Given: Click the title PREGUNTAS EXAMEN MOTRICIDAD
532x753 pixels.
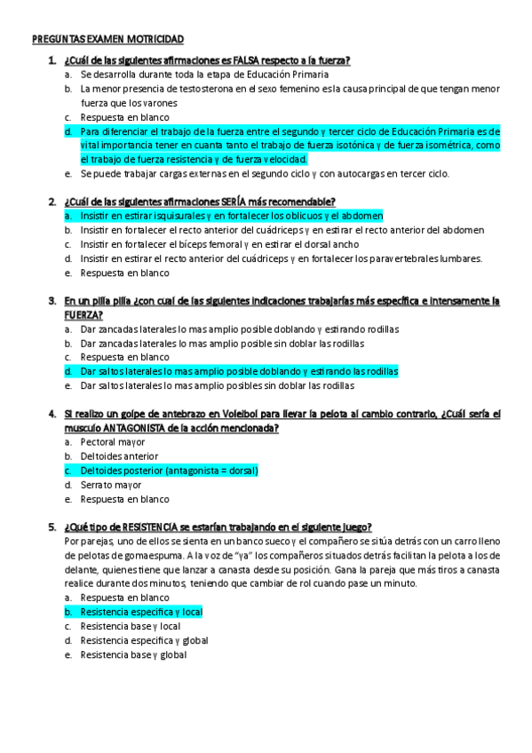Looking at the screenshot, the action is (x=108, y=40).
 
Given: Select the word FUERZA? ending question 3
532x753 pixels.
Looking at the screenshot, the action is (x=83, y=315).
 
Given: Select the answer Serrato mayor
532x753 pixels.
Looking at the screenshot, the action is (x=110, y=485).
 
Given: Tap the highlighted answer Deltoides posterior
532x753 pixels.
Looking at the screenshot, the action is (x=168, y=471).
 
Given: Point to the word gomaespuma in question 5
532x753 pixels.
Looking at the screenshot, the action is (x=145, y=556).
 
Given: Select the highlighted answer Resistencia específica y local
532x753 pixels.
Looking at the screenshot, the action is (x=141, y=613).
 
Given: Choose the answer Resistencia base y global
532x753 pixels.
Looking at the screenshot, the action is (x=132, y=655).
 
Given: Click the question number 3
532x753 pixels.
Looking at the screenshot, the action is (x=52, y=301).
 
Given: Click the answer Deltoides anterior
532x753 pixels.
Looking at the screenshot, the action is (x=119, y=456).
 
